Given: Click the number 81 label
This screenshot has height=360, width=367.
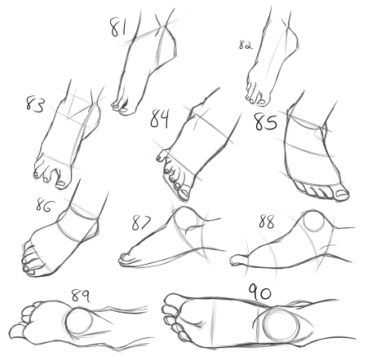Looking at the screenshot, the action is [x=118, y=27].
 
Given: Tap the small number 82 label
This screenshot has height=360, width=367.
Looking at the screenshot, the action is [x=245, y=45].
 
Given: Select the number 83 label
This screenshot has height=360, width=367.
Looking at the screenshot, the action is [x=34, y=104].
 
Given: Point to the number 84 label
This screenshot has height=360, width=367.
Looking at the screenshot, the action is [x=160, y=118].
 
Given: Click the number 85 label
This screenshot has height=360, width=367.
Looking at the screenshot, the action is [x=265, y=122].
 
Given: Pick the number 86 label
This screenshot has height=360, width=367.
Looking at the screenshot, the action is [x=45, y=205].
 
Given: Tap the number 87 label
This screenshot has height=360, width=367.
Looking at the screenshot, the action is [x=141, y=222].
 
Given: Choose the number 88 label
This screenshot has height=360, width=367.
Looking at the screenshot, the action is [x=267, y=222].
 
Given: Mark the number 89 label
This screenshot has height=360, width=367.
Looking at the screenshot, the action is [x=81, y=296].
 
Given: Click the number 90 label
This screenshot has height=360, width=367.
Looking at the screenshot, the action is [x=260, y=292].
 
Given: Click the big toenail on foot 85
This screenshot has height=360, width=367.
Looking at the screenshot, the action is [x=343, y=194].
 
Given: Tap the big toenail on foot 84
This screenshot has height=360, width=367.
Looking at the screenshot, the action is [x=184, y=194].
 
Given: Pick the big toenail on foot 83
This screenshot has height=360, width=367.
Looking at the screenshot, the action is [x=60, y=184].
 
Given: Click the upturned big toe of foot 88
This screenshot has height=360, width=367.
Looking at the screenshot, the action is [x=239, y=260].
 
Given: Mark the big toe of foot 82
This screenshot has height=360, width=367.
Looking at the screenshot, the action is [x=263, y=100].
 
